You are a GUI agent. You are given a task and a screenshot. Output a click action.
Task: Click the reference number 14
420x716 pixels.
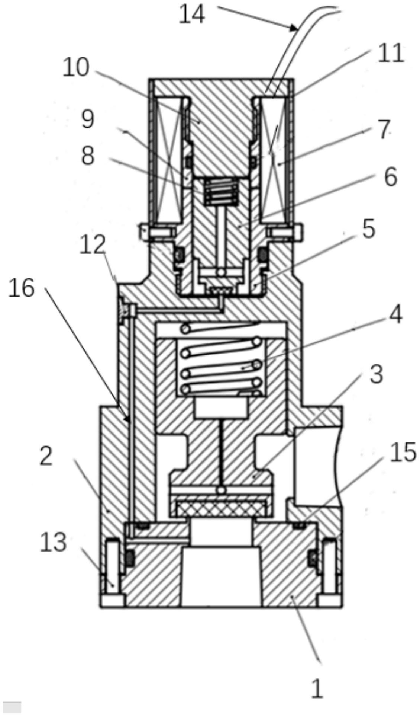pyautogui.click(x=192, y=16)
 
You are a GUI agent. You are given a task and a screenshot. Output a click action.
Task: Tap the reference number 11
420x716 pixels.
pyautogui.click(x=390, y=53)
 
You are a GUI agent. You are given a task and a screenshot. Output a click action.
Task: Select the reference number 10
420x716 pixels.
pyautogui.click(x=76, y=68)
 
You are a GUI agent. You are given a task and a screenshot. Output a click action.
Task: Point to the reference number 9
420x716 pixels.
pyautogui.click(x=88, y=119)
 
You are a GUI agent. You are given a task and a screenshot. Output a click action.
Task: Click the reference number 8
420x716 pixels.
pyautogui.click(x=88, y=156)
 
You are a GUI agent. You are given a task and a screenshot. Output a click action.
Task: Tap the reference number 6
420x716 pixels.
pyautogui.click(x=390, y=177)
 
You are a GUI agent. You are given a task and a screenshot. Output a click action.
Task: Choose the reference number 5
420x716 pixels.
pyautogui.click(x=368, y=230)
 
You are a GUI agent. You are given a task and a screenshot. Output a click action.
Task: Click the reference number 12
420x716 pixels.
pyautogui.click(x=93, y=246)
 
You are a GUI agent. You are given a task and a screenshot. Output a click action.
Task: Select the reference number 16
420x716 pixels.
pyautogui.click(x=22, y=288)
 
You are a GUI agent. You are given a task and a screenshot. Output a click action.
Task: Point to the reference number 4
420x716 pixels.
pyautogui.click(x=395, y=314)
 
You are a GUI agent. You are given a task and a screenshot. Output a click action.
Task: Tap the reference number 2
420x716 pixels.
pyautogui.click(x=46, y=457)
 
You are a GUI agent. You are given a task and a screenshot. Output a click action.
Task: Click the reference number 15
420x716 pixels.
pyautogui.click(x=403, y=453)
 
